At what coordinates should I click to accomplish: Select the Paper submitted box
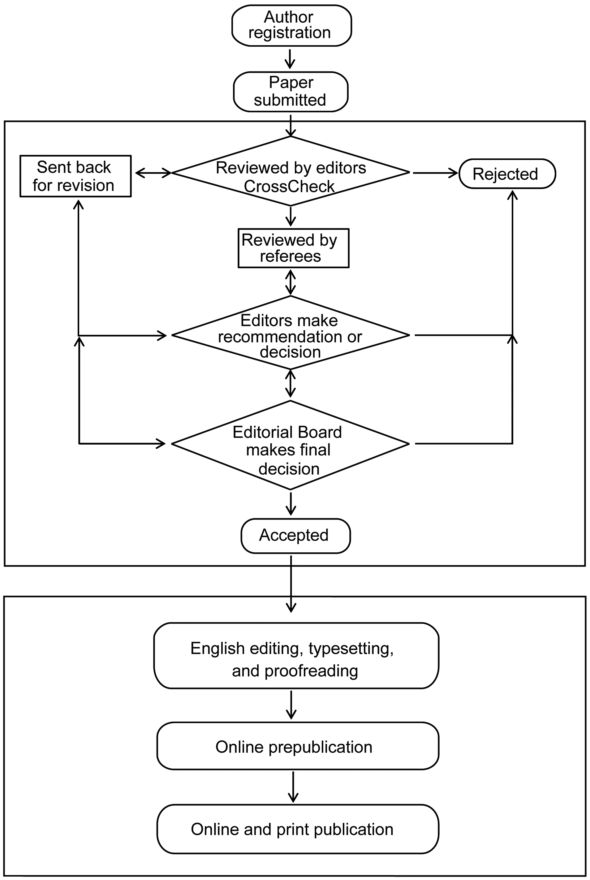pyautogui.click(x=291, y=92)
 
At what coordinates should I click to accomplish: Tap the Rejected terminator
pyautogui.click(x=507, y=174)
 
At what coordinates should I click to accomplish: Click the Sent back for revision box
pyautogui.click(x=75, y=176)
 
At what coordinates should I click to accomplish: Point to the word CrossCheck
pyautogui.click(x=289, y=186)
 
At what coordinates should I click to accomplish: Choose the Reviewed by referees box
pyautogui.click(x=294, y=248)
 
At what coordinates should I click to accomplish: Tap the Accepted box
pyautogui.click(x=295, y=536)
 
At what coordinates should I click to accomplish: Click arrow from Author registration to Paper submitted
pyautogui.click(x=290, y=58)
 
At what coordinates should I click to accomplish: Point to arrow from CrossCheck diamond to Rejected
pyautogui.click(x=435, y=173)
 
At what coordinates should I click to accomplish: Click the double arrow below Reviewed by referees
pyautogui.click(x=290, y=282)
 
